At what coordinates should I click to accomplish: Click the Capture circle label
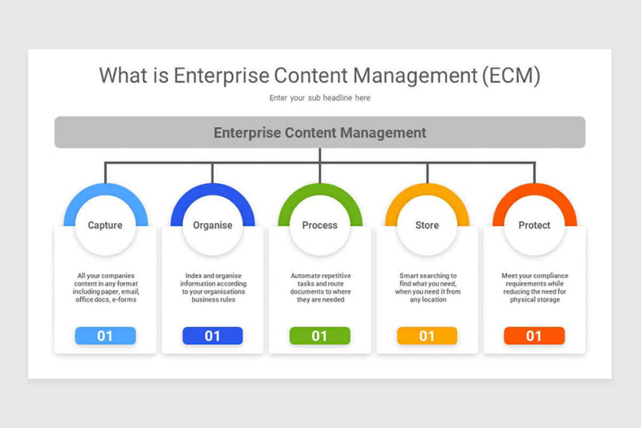pos(105,225)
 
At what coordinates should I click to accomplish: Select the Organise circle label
pos(213,225)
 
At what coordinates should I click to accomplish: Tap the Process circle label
pos(320,225)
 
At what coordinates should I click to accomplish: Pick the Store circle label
pos(427,225)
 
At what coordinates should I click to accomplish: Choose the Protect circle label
pos(534,225)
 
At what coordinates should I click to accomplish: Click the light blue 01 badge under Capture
pos(105,336)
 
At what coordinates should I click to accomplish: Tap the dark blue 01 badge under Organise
pos(213,336)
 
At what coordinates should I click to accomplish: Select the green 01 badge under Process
pos(320,336)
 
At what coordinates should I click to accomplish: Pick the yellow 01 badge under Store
pos(427,336)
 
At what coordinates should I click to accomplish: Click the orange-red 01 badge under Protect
pos(534,336)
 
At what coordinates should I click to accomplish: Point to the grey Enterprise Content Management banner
pos(320,132)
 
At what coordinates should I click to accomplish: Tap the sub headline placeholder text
pos(320,98)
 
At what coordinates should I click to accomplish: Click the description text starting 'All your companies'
pos(105,288)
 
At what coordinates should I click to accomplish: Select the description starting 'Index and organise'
pos(213,288)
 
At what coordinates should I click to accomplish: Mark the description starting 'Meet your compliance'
pos(535,288)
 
